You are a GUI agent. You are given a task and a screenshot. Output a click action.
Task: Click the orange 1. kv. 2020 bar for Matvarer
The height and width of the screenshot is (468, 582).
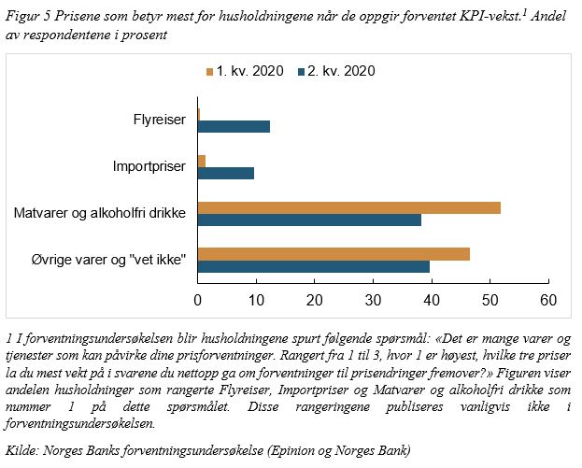[x=348, y=207]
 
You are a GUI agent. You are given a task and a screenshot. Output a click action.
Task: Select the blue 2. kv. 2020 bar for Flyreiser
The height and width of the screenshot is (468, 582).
[x=234, y=126]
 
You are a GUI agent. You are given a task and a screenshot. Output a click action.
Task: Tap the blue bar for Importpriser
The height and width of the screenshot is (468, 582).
[x=225, y=173]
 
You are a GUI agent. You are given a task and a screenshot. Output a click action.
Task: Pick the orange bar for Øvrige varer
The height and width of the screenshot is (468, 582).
[x=334, y=254]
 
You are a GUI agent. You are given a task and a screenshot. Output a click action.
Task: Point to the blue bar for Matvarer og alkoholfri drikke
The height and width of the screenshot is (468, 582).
[x=309, y=220]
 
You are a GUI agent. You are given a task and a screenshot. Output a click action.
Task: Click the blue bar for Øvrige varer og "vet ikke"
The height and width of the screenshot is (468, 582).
[x=313, y=267]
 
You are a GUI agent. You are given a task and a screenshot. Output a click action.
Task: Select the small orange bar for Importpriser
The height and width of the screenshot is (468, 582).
[x=202, y=161]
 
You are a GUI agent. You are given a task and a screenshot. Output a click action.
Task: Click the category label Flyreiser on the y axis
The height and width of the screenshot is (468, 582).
[x=162, y=120]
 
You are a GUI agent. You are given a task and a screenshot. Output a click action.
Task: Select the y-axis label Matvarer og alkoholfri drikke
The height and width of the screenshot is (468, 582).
[x=101, y=214]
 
